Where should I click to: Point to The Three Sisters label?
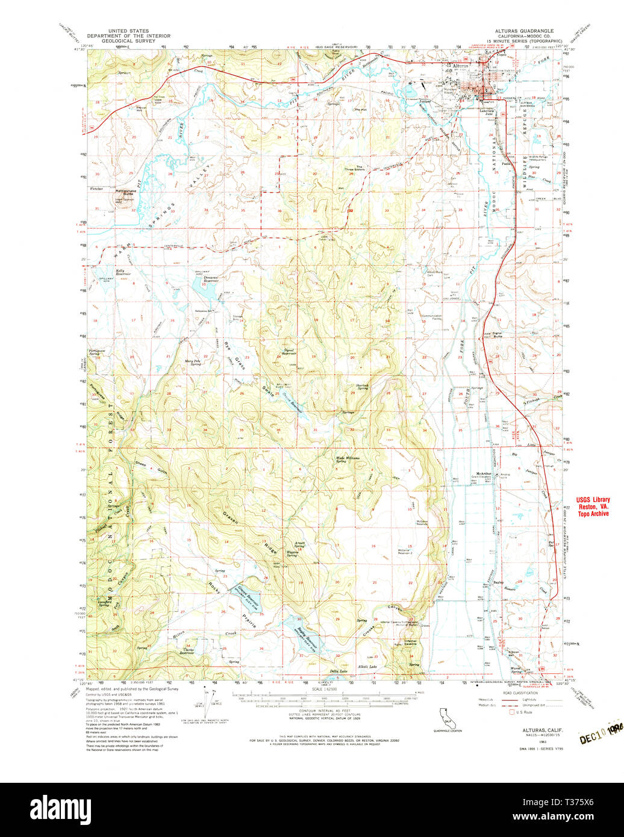click(359, 169)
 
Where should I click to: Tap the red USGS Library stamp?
click(593, 506)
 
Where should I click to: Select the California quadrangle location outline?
click(446, 717)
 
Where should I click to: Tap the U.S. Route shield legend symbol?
click(513, 712)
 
